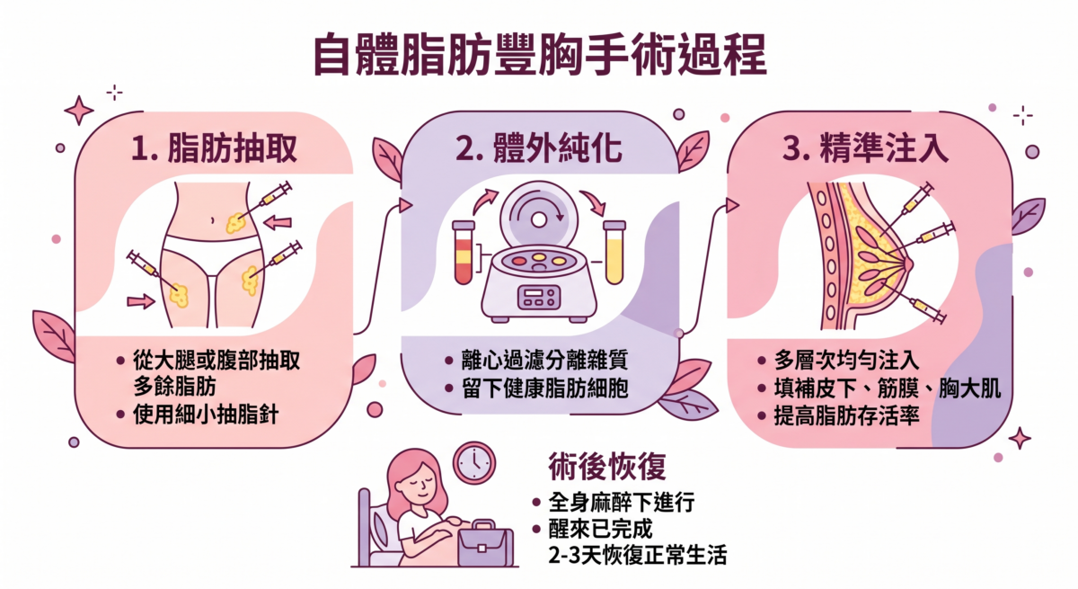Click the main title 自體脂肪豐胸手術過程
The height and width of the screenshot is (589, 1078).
[539, 56]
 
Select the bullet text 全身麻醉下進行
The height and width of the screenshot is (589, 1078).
[620, 502]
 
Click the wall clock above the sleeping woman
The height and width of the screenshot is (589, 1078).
[473, 462]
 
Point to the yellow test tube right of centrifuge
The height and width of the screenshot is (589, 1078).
[614, 254]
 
